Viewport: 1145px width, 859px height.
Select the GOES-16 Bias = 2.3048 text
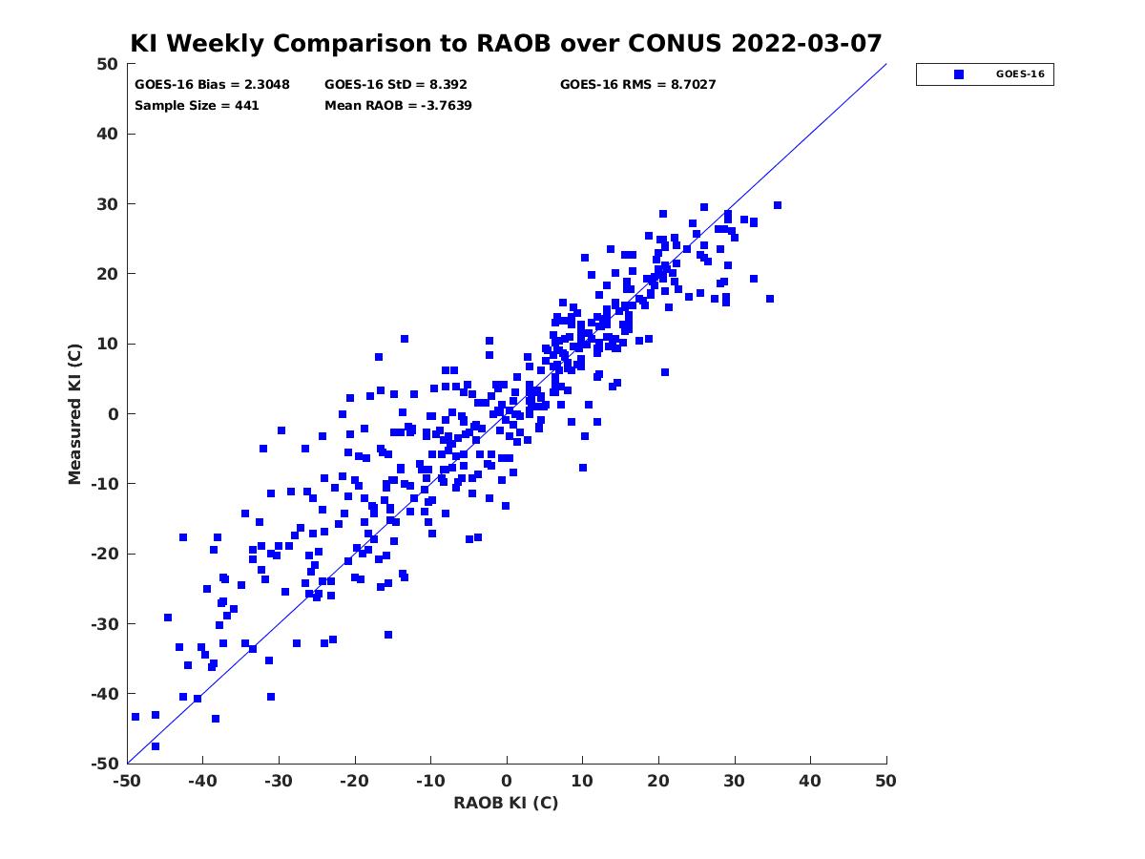pos(212,85)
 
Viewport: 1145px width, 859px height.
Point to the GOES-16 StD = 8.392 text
pos(395,85)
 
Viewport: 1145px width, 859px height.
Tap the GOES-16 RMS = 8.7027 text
pos(637,85)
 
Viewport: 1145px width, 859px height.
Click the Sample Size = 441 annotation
pos(197,106)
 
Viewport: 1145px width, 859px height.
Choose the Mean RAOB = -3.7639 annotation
pos(398,106)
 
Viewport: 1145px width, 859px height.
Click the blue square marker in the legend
pos(958,74)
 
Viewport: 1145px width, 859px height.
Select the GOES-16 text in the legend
pos(1020,74)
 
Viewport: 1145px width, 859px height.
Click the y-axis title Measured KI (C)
pos(74,413)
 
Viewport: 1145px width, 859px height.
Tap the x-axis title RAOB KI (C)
pos(506,802)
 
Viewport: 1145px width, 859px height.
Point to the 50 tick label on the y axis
pos(107,64)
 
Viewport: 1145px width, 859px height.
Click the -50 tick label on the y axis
pos(104,764)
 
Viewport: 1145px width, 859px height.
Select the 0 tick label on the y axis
pos(114,414)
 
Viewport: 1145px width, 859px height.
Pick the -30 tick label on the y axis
pos(104,624)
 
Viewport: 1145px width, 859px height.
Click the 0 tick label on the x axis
pos(506,781)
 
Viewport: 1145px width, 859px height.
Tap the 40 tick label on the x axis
pos(809,781)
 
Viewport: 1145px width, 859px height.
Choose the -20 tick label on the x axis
pos(354,781)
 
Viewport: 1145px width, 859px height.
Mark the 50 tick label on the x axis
pos(885,781)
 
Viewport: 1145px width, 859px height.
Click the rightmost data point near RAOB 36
pos(778,205)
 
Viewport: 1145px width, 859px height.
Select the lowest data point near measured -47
pos(156,746)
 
